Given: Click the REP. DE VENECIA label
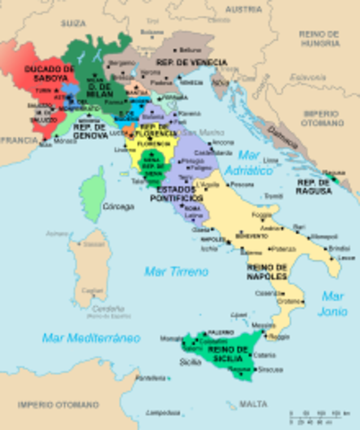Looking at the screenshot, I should pos(191,62).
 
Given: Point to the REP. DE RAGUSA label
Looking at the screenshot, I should pos(313,186).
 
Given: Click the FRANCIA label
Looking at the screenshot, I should pos(19,140).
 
